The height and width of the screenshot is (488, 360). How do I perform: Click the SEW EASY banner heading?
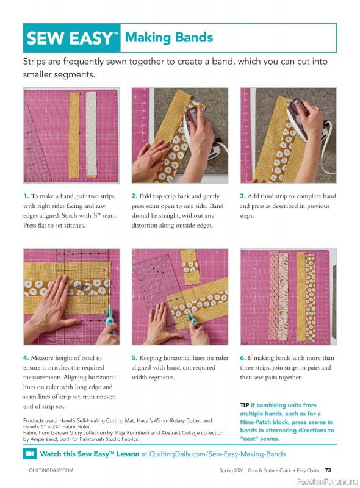(72, 38)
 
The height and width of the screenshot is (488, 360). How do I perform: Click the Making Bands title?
(168, 38)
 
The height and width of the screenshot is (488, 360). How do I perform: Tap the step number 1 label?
(26, 196)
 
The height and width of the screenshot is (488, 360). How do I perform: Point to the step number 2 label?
(134, 196)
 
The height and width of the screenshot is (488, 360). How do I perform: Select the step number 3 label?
(242, 196)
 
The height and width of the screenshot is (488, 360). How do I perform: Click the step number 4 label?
(26, 358)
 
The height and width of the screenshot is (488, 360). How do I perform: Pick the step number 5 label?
(134, 358)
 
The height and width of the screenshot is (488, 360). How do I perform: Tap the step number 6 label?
(242, 358)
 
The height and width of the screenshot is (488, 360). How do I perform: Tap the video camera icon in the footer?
(29, 454)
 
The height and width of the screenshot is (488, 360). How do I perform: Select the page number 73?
(328, 470)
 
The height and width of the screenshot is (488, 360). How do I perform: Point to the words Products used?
(41, 421)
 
